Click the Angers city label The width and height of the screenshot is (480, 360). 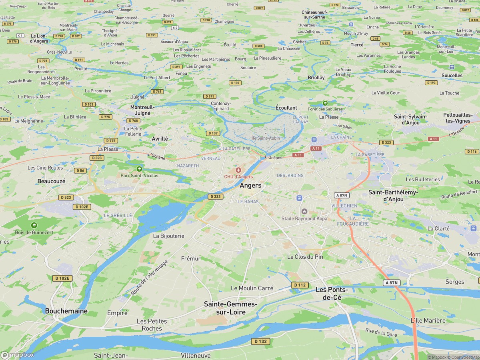pyautogui.click(x=250, y=186)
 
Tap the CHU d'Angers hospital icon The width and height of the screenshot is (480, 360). pyautogui.click(x=238, y=170)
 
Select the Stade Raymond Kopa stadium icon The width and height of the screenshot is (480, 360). pyautogui.click(x=304, y=211)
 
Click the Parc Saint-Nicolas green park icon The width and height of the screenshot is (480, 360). pyautogui.click(x=139, y=169)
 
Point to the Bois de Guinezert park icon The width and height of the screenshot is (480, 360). pyautogui.click(x=34, y=225)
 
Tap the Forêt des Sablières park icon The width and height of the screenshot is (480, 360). pyautogui.click(x=325, y=103)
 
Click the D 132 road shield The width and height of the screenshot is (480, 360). pyautogui.click(x=260, y=341)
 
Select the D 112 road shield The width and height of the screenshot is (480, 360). pyautogui.click(x=300, y=285)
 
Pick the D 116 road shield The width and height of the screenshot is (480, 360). pyautogui.click(x=472, y=152)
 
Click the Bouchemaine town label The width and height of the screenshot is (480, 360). pyautogui.click(x=66, y=311)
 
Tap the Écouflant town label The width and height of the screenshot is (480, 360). pyautogui.click(x=286, y=108)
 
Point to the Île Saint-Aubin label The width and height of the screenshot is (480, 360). pyautogui.click(x=266, y=138)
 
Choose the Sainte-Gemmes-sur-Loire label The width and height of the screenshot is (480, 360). pyautogui.click(x=231, y=308)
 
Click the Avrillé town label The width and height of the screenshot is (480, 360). pyautogui.click(x=160, y=138)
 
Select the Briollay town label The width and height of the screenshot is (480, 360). pyautogui.click(x=316, y=77)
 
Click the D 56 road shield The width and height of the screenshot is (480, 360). pyautogui.click(x=80, y=170)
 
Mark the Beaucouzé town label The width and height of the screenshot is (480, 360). pyautogui.click(x=51, y=181)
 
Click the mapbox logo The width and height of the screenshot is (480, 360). pyautogui.click(x=18, y=355)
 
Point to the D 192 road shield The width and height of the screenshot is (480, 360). pyautogui.click(x=431, y=83)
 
